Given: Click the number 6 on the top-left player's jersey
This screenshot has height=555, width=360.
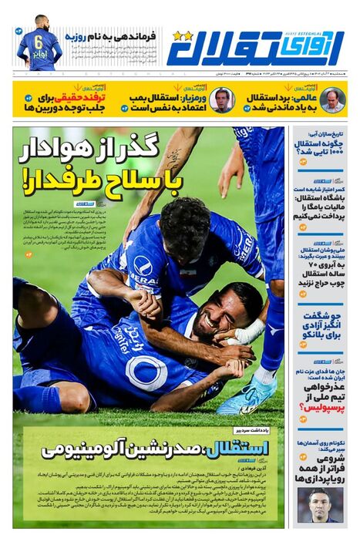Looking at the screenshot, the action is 36,42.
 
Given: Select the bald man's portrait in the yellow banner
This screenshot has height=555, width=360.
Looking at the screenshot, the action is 332,99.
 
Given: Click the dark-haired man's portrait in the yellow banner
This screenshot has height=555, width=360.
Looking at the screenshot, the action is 223,99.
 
